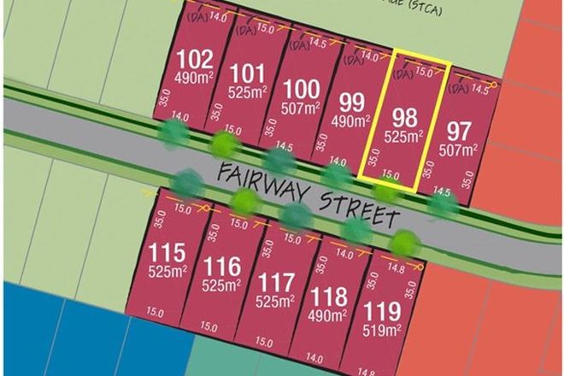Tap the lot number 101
248,71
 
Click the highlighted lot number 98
404,117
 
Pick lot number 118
330,297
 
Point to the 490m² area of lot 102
192,79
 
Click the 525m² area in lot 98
404,137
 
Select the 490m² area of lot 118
330,316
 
